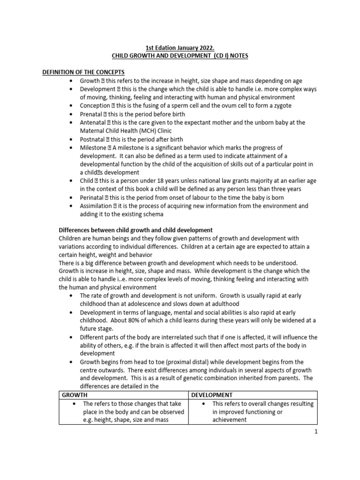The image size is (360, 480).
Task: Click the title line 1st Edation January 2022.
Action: (x=180, y=47)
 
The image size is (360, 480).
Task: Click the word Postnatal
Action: (x=94, y=139)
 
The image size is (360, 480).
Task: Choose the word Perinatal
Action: (x=93, y=197)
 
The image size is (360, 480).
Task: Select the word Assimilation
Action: (x=97, y=206)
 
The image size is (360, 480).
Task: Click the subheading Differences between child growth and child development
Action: (x=135, y=230)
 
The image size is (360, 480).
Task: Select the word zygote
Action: (x=281, y=105)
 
